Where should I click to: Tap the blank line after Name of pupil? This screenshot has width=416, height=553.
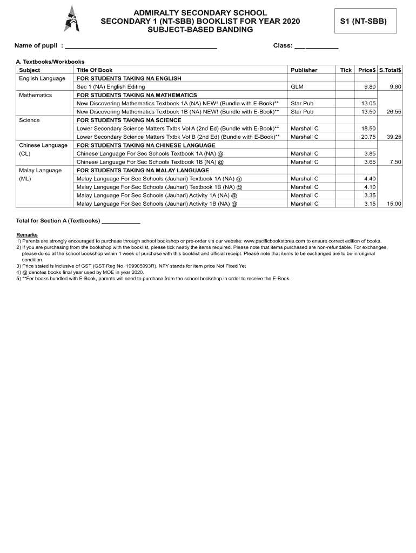pyautogui.click(x=140, y=47)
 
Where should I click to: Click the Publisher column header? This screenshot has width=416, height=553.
pyautogui.click(x=304, y=70)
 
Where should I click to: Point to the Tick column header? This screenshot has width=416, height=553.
pyautogui.click(x=346, y=70)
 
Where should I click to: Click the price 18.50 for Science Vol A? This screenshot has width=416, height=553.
pyautogui.click(x=368, y=129)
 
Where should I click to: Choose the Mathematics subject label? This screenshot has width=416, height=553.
pyautogui.click(x=35, y=95)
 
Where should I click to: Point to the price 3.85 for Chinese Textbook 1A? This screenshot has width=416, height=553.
pyautogui.click(x=370, y=153)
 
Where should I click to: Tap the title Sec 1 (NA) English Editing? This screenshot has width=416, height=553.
pyautogui.click(x=111, y=86)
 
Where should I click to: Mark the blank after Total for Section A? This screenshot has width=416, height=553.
pyautogui.click(x=121, y=221)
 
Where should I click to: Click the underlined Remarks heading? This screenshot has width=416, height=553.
pyautogui.click(x=27, y=235)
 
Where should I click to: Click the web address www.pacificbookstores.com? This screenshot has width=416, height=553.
pyautogui.click(x=275, y=241)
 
